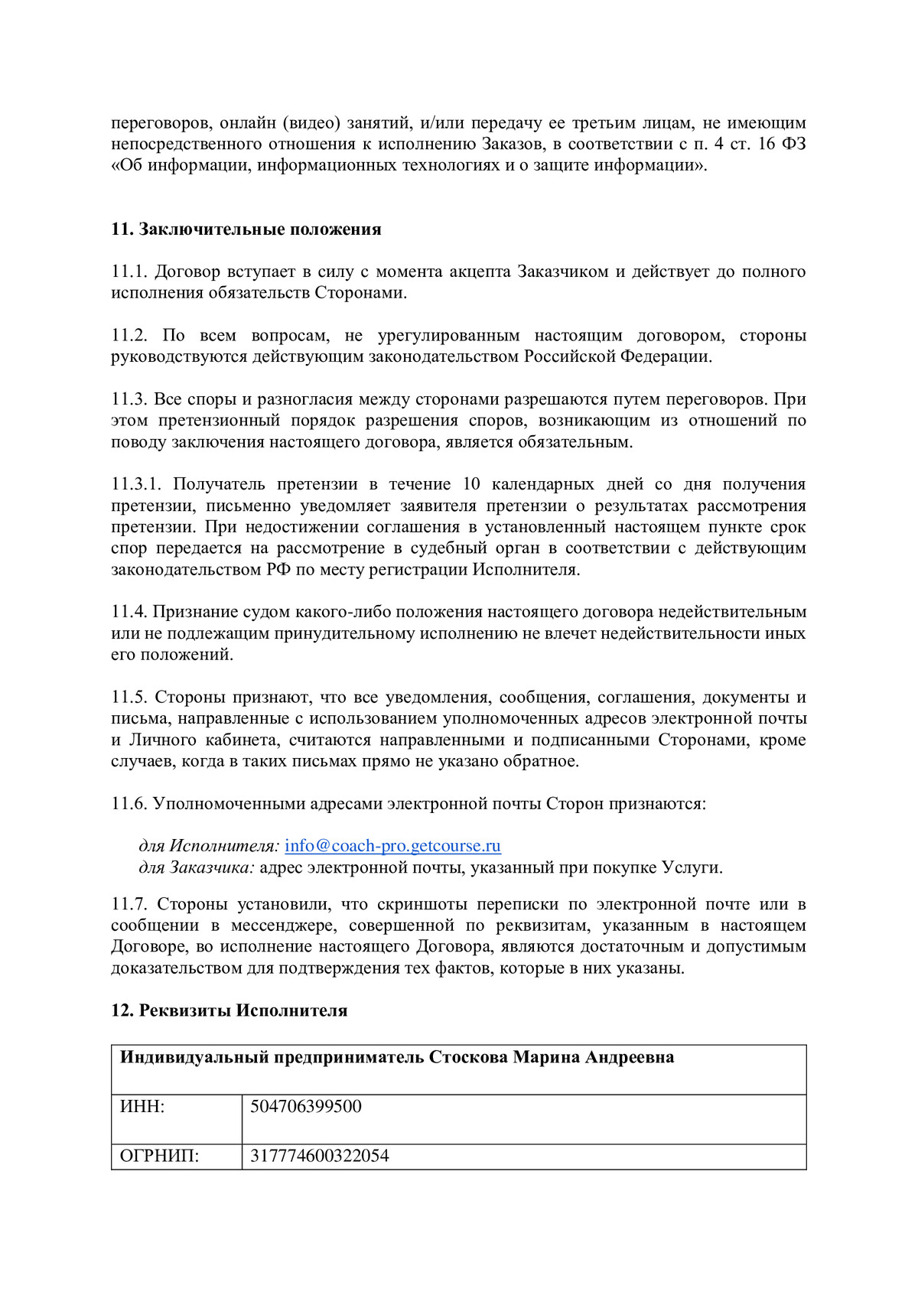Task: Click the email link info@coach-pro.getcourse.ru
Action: (x=392, y=846)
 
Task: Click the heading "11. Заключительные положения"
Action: (x=246, y=229)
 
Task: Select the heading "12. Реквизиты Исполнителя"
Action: (x=229, y=1010)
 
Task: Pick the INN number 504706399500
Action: (x=306, y=1107)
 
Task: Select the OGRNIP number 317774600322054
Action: (x=320, y=1156)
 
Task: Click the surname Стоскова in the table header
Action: (x=468, y=1058)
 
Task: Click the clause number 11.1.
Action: (x=129, y=272)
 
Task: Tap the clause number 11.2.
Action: (x=129, y=336)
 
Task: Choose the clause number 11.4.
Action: (x=129, y=612)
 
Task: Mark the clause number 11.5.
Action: (x=129, y=698)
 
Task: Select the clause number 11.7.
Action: (x=129, y=904)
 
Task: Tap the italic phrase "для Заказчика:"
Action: (x=197, y=867)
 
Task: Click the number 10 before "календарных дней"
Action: (x=471, y=484)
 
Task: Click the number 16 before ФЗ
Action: (x=767, y=145)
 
